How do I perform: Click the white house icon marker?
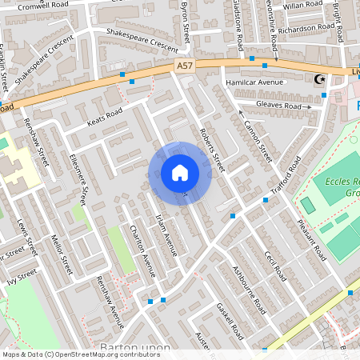pos(180,172)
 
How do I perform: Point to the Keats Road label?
pos(104,118)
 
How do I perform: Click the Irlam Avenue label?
pos(165,232)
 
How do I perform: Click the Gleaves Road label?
pos(284,106)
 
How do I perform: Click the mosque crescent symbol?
pos(322,78)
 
